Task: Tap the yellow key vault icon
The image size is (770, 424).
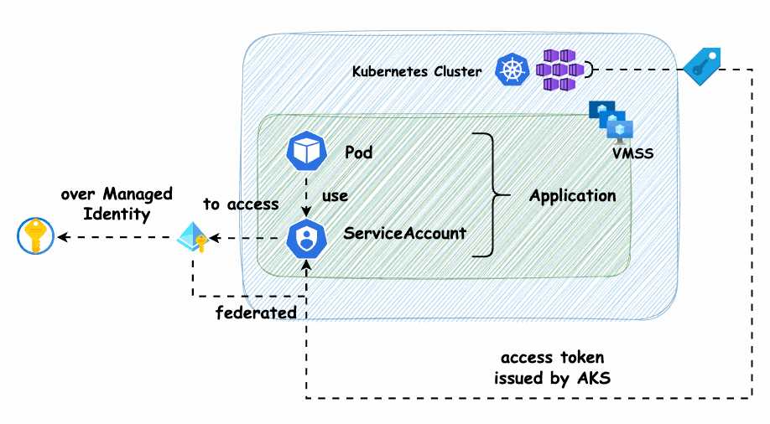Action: click(35, 237)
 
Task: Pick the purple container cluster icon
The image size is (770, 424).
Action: click(559, 70)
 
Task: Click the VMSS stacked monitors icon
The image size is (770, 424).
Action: click(611, 119)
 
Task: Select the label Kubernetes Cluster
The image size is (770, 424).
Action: click(417, 72)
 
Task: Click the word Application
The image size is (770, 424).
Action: click(573, 196)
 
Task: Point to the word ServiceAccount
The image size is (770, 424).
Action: click(404, 233)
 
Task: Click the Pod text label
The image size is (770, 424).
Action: click(359, 153)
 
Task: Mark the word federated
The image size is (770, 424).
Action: click(256, 313)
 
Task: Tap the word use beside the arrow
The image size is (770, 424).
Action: click(335, 196)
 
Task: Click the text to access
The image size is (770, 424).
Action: click(241, 204)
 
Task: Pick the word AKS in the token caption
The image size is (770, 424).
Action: click(593, 378)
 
